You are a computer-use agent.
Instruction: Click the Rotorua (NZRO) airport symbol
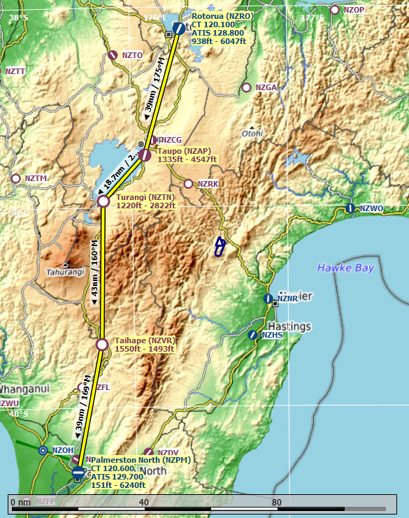[x=179, y=29]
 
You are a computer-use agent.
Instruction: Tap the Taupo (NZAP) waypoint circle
[x=144, y=156]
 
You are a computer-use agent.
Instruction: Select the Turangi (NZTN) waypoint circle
[x=103, y=201]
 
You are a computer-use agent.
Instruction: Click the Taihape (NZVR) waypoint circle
[x=102, y=344]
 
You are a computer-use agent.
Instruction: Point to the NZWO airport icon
[x=350, y=208]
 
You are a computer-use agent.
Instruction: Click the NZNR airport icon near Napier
[x=268, y=298]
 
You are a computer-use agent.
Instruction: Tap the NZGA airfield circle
[x=245, y=87]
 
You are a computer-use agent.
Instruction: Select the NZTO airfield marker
[x=113, y=55]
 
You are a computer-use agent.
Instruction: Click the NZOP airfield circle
[x=334, y=10]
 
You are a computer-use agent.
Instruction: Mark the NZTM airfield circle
[x=15, y=178]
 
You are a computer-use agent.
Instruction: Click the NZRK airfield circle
[x=188, y=184]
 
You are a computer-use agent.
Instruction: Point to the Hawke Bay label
[x=345, y=268]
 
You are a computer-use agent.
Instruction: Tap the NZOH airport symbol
[x=43, y=451]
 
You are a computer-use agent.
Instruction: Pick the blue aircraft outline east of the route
[x=220, y=247]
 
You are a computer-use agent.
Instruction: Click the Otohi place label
[x=252, y=134]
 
